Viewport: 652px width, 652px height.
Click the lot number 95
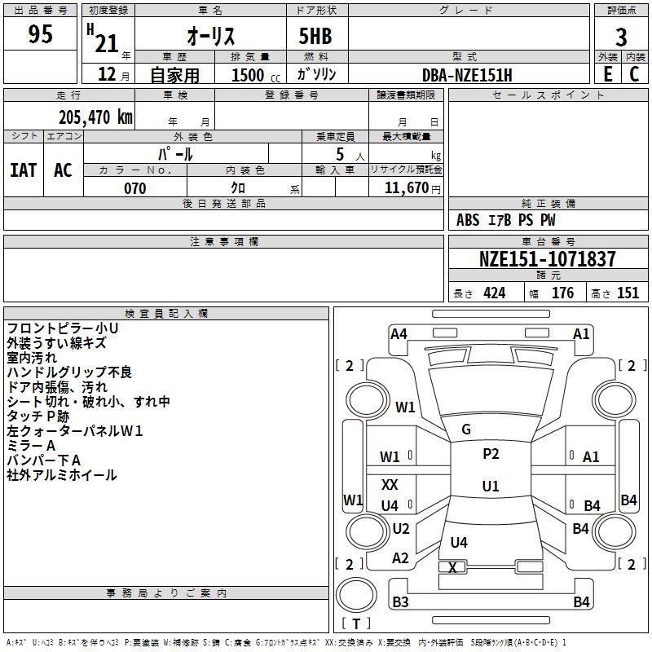point(40,35)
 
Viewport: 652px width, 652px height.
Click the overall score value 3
point(621,37)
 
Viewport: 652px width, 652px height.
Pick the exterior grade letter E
point(608,73)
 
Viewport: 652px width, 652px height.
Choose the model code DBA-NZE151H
point(467,75)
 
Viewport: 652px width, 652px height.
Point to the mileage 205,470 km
point(95,117)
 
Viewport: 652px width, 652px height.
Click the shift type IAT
point(24,170)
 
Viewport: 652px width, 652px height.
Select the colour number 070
point(134,188)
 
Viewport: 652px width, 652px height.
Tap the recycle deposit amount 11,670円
point(412,188)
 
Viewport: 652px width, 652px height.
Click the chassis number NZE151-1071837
point(547,259)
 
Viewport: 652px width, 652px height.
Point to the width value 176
point(562,293)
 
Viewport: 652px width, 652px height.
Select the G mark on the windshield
point(466,430)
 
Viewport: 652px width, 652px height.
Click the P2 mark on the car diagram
point(491,454)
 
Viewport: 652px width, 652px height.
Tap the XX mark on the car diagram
point(390,485)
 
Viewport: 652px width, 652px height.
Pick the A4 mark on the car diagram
point(399,333)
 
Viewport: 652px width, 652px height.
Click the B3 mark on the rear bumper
point(400,602)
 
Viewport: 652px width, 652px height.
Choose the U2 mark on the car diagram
point(400,528)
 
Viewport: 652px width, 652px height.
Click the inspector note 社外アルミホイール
point(62,475)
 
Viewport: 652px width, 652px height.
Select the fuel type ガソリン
point(317,74)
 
